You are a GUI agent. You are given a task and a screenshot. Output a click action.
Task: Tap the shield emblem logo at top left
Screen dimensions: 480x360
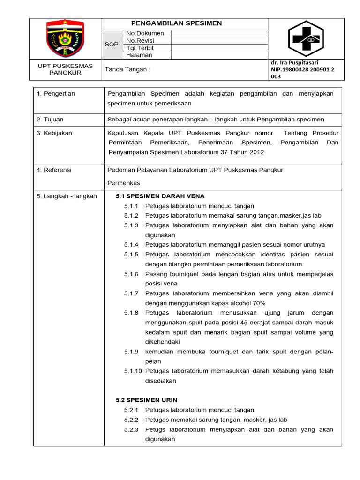point(66,39)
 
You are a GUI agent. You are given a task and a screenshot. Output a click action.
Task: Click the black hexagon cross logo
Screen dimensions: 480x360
point(306,39)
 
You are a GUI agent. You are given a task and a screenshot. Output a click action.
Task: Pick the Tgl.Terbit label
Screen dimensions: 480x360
point(140,48)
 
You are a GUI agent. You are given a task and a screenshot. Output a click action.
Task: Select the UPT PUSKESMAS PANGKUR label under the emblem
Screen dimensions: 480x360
point(66,69)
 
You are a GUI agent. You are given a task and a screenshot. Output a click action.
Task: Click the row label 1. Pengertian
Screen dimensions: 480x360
point(56,94)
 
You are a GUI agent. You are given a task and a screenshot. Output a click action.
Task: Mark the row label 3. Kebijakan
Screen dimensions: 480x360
point(54,133)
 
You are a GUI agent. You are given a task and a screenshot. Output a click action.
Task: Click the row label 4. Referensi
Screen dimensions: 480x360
point(54,170)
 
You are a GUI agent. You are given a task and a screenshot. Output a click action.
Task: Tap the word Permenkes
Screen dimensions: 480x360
point(124,183)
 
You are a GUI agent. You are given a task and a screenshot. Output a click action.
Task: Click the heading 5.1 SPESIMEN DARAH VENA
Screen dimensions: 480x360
point(160,196)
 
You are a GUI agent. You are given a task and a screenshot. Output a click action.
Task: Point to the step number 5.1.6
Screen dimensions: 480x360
point(131,274)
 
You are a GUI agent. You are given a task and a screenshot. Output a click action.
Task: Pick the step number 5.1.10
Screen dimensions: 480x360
point(133,371)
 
